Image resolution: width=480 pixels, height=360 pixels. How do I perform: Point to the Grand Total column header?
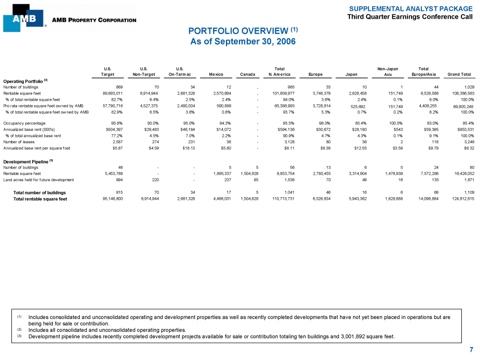coord(458,74)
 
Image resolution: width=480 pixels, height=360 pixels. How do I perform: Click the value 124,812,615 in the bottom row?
coord(460,198)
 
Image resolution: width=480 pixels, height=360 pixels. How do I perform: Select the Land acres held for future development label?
coord(39,179)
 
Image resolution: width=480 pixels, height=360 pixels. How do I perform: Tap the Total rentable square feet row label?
coord(40,198)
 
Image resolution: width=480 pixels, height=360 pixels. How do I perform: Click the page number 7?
coord(471,350)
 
